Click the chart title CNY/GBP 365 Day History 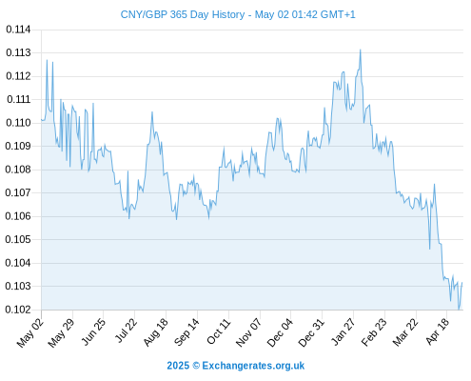183,14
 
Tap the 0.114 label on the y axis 18,30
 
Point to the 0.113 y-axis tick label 18,52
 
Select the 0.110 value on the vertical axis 18,123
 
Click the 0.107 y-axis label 18,192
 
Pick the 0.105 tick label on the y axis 18,239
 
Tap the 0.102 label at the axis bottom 18,310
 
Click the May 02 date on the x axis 30,332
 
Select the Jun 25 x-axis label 93,331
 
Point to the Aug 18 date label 155,331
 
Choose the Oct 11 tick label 218,331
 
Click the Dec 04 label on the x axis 280,332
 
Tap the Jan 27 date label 343,331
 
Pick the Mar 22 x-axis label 405,332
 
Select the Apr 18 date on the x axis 438,331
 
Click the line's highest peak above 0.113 361,50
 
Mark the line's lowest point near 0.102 459,309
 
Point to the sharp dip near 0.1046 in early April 430,249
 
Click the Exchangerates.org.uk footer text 253,366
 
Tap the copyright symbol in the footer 196,366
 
